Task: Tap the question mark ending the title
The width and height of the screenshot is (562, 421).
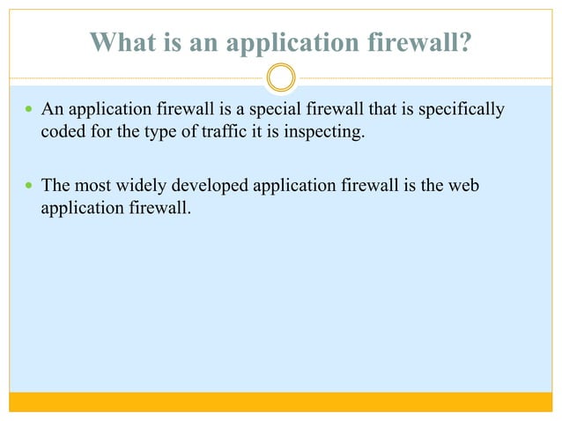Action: [x=463, y=42]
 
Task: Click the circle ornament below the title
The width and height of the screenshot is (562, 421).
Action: [x=281, y=78]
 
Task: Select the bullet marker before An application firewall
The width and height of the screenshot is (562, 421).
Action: [x=27, y=111]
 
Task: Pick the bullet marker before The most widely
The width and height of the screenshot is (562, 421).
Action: [x=27, y=187]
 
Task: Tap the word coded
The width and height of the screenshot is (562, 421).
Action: [x=62, y=134]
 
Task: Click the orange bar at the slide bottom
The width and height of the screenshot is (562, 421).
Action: [x=281, y=402]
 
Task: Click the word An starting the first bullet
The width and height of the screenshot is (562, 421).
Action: [x=52, y=110]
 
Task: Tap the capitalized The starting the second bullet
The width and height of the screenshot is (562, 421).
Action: [x=55, y=186]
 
